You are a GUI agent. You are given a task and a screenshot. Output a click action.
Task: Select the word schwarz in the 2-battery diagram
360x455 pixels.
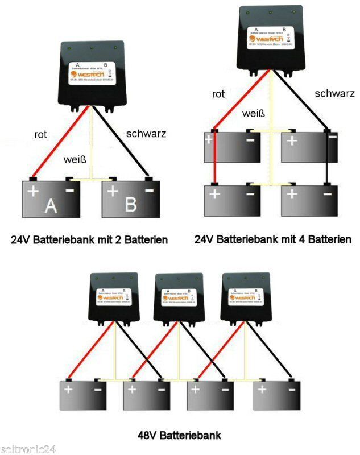point(146,134)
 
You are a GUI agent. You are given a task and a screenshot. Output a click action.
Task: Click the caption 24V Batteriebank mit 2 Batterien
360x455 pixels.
point(90,240)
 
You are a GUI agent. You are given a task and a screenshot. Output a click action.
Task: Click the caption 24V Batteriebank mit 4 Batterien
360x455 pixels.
point(273,240)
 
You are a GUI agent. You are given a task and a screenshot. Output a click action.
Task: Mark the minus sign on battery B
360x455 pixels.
point(150,191)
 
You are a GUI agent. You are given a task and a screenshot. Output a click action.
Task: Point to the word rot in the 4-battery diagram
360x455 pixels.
point(219,94)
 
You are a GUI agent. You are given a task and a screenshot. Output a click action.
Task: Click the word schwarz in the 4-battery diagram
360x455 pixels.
point(334,94)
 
